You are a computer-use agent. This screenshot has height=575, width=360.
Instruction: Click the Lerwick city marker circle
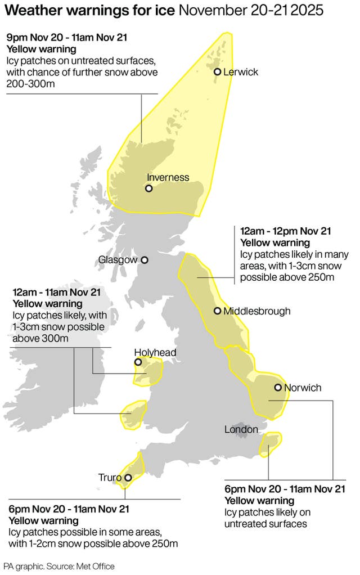pyautogui.click(x=217, y=71)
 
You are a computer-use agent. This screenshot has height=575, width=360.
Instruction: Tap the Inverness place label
pyautogui.click(x=168, y=177)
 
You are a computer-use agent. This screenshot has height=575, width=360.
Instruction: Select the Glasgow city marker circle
pyautogui.click(x=145, y=260)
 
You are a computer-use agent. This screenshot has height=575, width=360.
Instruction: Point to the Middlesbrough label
pyautogui.click(x=256, y=311)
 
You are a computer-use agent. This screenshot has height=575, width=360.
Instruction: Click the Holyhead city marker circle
pyautogui.click(x=138, y=363)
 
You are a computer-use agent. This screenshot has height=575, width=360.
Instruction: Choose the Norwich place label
pyautogui.click(x=303, y=388)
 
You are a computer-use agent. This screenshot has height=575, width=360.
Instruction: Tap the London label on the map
pyautogui.click(x=241, y=430)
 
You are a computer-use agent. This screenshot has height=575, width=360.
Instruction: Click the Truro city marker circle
pyautogui.click(x=128, y=478)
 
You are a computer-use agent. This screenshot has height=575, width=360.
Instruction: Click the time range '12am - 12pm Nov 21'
pyautogui.click(x=286, y=231)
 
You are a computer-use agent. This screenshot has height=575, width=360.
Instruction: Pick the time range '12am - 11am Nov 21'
pyautogui.click(x=56, y=293)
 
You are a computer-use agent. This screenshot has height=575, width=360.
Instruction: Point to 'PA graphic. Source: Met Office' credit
pyautogui.click(x=58, y=566)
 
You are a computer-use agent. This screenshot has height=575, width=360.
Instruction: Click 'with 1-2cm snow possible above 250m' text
pyautogui.click(x=93, y=543)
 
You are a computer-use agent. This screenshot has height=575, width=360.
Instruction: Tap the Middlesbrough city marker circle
pyautogui.click(x=217, y=311)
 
